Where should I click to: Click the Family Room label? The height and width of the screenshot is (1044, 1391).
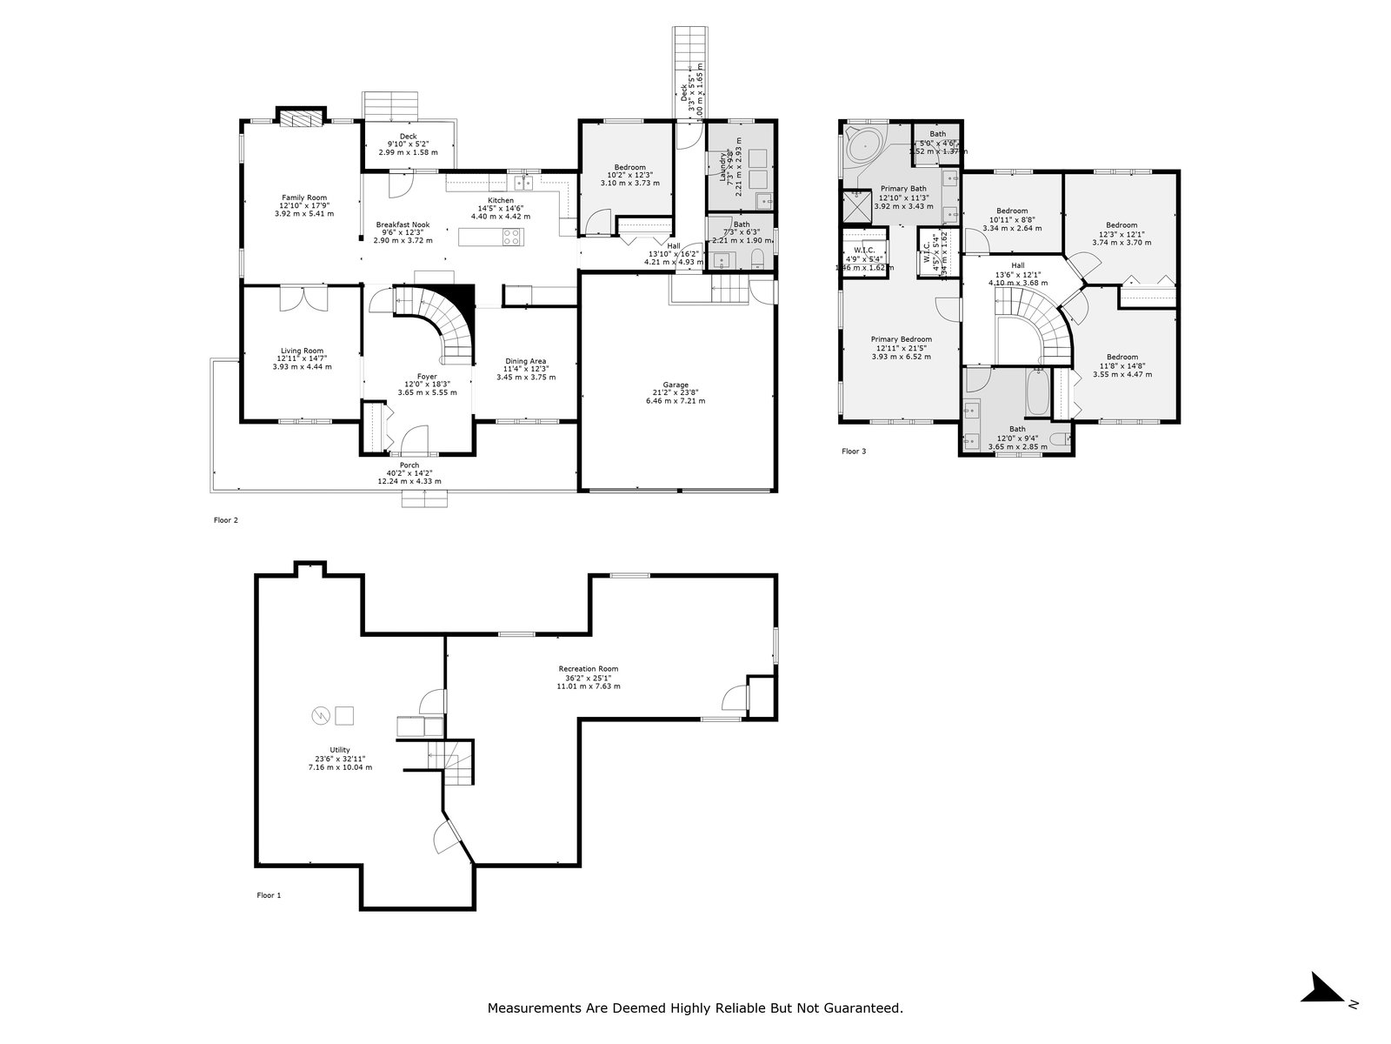click(x=303, y=197)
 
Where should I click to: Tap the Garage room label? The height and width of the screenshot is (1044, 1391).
click(x=676, y=385)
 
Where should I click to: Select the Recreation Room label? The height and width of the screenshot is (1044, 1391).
click(x=589, y=669)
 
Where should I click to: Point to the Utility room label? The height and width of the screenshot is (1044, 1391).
click(x=339, y=750)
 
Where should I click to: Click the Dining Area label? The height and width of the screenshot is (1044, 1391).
click(x=526, y=361)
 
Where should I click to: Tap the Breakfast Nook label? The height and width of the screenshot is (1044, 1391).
click(x=403, y=224)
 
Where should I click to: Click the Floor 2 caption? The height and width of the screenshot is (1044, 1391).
click(x=225, y=520)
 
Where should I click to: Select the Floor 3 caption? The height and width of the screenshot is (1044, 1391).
click(x=854, y=452)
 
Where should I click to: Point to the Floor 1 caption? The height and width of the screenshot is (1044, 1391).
click(x=269, y=895)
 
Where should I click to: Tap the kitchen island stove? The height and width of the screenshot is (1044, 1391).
click(x=510, y=236)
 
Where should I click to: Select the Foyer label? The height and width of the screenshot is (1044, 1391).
click(x=427, y=377)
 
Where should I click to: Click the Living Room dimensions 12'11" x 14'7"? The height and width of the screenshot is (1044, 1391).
click(x=302, y=358)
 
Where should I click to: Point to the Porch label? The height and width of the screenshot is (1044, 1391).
click(x=409, y=465)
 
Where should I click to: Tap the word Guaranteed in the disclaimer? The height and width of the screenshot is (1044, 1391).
click(x=866, y=1008)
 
